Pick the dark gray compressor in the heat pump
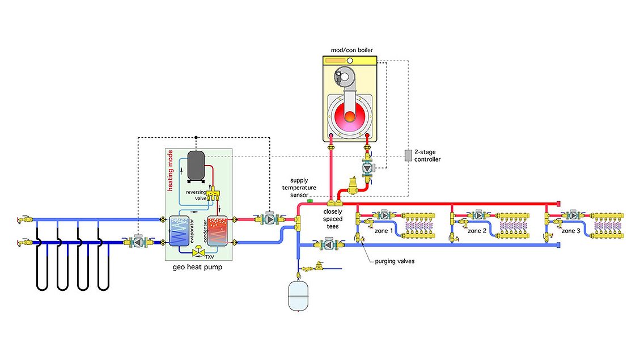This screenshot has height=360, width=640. pos(196,164)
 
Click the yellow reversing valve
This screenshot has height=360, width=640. pos(214,194)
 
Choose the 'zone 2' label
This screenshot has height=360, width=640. pos(477,231)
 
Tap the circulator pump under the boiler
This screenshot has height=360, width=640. pos(368,168)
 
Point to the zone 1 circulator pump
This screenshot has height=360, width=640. pos(384,215)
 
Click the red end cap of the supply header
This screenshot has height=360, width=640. pos(558,202)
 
